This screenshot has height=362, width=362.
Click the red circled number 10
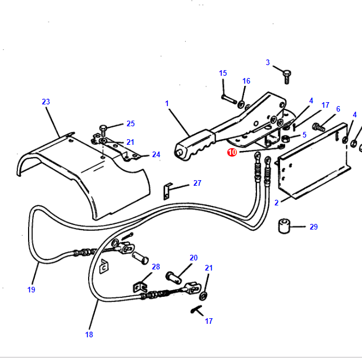coord(233,152)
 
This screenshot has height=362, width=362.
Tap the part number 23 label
coord(45,102)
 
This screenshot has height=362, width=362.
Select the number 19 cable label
coord(31,290)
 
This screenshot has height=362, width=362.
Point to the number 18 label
coord(89,334)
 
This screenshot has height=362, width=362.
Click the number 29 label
coord(313,227)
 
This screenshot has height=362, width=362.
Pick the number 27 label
coord(197,183)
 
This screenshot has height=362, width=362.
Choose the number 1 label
coord(167,103)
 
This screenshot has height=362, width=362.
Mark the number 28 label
coord(155,267)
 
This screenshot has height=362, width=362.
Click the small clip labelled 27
coord(167,190)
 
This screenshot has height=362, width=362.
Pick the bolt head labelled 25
coord(103,129)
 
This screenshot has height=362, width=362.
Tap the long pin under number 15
coord(227,99)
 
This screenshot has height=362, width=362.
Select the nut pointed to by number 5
coord(285,139)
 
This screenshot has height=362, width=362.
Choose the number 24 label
coord(156,154)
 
